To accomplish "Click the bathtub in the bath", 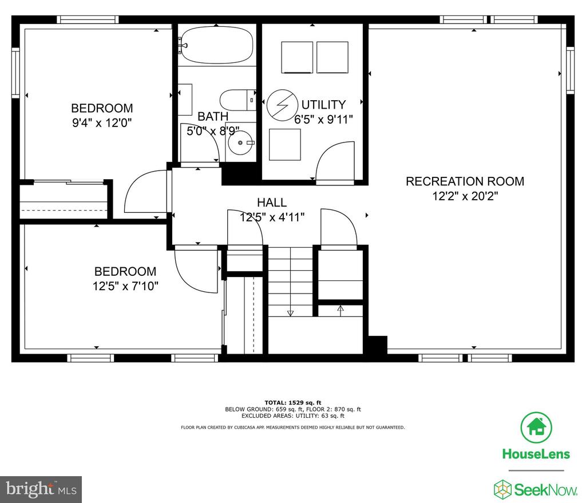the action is coord(217,45).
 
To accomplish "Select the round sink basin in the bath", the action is coord(241,142).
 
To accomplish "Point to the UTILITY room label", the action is coord(324,104).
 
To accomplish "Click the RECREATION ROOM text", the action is coord(465,181).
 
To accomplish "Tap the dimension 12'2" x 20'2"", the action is coord(465,196).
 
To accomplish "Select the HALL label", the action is coord(272,203).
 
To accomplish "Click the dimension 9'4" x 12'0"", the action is coord(102,122).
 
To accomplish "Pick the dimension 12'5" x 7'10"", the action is coord(125,286).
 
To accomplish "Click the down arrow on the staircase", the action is coord(290,313).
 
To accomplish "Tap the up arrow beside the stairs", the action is coord(340,309).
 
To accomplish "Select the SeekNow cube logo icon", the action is coord(502,489).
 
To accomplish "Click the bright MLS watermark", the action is coord(41,489).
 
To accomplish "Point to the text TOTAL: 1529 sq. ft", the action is coord(292,402).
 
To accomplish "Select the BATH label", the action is coord(213,117).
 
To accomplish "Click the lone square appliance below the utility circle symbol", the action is coord(285,145).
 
